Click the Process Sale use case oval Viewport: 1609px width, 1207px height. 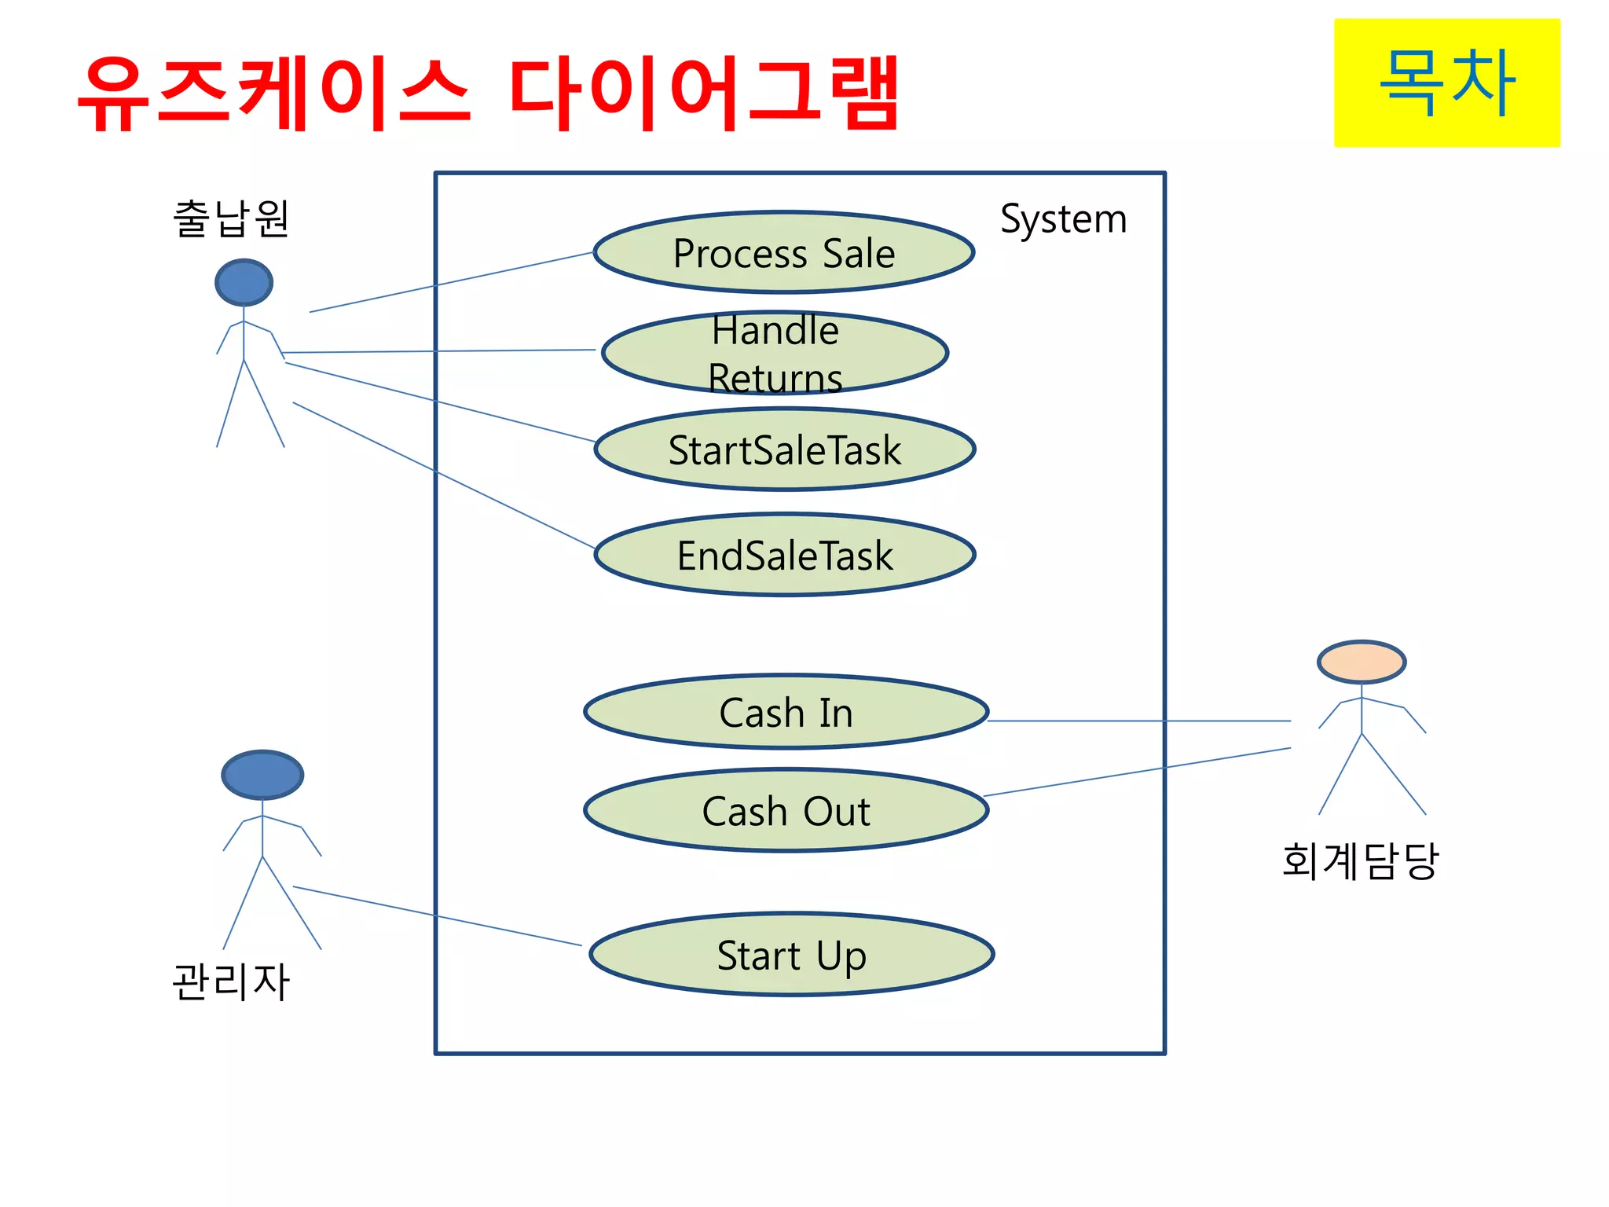pyautogui.click(x=783, y=253)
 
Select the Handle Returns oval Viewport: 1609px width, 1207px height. pyautogui.click(x=775, y=353)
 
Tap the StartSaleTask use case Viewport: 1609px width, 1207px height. pyautogui.click(x=784, y=450)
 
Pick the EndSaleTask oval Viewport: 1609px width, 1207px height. pyautogui.click(x=784, y=556)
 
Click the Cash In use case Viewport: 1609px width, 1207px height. pyautogui.click(x=786, y=713)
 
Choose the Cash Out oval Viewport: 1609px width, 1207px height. pyautogui.click(x=786, y=811)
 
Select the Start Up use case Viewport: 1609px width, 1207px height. pyautogui.click(x=791, y=956)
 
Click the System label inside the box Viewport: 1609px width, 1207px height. pyautogui.click(x=1063, y=218)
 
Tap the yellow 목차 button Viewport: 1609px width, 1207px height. pyautogui.click(x=1446, y=83)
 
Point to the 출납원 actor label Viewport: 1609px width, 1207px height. pyautogui.click(x=231, y=218)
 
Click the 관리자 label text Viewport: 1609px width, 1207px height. pyautogui.click(x=231, y=981)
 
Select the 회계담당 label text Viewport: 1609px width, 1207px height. pyautogui.click(x=1360, y=860)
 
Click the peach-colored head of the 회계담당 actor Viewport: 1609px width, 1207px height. pyautogui.click(x=1361, y=662)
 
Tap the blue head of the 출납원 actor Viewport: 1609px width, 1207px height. pyautogui.click(x=244, y=283)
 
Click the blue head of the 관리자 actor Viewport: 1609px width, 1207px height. pyautogui.click(x=262, y=775)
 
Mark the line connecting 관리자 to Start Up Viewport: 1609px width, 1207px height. pyautogui.click(x=437, y=916)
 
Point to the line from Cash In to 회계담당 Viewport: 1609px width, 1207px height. pyautogui.click(x=1139, y=721)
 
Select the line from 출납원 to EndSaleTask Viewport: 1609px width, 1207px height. pyautogui.click(x=444, y=475)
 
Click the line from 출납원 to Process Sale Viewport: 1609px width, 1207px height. pyautogui.click(x=451, y=282)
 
